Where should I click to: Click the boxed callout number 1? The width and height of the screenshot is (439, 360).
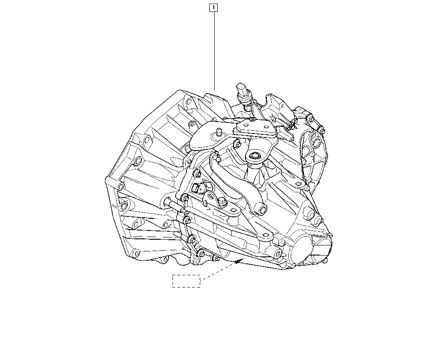[213, 7]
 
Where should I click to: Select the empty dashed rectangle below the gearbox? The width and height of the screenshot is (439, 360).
[187, 281]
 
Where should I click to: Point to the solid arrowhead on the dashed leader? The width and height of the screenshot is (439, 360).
[238, 261]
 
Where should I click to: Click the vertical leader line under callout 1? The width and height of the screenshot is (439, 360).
[215, 50]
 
